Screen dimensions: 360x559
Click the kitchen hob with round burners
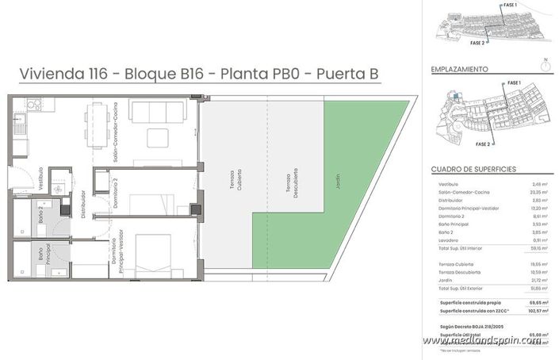(34, 104)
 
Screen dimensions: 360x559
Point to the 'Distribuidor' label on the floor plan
(83, 199)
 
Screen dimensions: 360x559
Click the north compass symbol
(546, 67)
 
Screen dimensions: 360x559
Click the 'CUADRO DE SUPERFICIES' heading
(474, 170)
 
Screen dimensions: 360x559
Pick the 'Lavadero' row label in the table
(450, 240)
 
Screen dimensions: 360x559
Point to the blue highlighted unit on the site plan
(457, 96)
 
